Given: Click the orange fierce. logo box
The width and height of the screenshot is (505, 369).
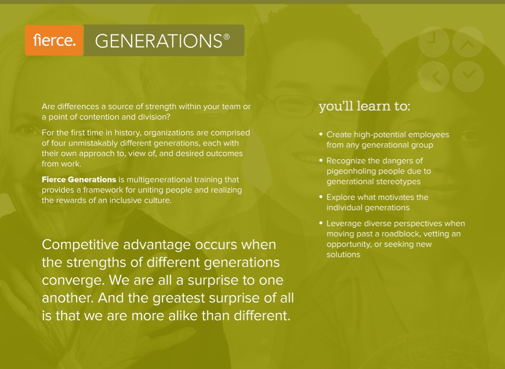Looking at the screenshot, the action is point(54,40).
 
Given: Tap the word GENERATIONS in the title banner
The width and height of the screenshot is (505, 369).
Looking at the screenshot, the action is point(158,41).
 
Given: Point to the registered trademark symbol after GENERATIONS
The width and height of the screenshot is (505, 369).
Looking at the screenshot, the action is point(227,37).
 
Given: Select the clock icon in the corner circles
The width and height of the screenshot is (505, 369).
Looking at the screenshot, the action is point(433,42).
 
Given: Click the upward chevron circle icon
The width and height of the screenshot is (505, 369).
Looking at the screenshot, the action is point(468,42).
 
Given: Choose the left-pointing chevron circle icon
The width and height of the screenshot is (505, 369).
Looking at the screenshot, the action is point(433,76).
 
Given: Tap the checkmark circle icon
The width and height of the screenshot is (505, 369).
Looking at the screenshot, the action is point(468,76).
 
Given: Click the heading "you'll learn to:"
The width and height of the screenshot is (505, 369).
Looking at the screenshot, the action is point(364,106).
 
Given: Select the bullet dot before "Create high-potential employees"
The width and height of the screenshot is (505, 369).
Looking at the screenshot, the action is point(321,134).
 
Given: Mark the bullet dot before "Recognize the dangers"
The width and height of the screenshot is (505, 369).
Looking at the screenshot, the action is point(321,160).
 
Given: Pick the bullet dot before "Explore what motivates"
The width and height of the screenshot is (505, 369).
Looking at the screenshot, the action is point(321,196).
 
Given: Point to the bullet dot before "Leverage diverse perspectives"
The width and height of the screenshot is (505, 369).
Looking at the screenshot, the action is point(321,223).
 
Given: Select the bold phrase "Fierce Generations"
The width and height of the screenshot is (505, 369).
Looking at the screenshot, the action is point(79,180).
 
